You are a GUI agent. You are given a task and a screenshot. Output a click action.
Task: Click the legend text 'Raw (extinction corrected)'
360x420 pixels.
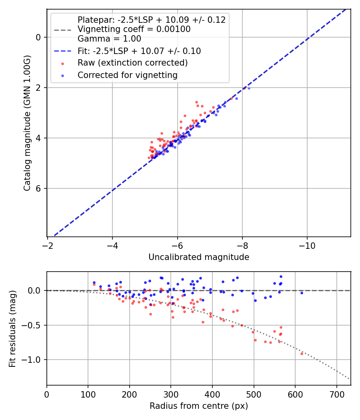click(132, 63)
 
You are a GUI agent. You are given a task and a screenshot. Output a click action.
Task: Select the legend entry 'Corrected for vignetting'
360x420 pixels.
click(128, 75)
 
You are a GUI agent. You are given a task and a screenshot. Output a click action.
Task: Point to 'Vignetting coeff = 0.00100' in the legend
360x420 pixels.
click(134, 29)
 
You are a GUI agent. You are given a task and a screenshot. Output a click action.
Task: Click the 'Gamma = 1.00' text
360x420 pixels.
click(109, 39)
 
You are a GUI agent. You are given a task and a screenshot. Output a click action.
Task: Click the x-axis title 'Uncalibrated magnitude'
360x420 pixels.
click(199, 257)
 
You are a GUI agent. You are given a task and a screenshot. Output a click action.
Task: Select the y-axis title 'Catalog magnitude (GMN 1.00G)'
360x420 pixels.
click(27, 123)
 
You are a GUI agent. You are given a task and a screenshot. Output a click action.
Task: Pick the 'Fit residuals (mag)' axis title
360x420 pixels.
click(12, 329)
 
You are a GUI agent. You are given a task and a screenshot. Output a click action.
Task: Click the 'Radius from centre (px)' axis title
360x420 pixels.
click(199, 406)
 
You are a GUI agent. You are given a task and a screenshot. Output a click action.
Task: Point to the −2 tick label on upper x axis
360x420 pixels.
click(48, 245)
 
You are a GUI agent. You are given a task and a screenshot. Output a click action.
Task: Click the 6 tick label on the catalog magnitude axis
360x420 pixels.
click(38, 188)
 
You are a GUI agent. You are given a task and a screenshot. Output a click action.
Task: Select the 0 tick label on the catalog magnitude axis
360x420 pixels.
click(38, 37)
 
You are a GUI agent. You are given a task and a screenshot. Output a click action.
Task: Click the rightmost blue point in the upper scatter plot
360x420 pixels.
click(249, 88)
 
